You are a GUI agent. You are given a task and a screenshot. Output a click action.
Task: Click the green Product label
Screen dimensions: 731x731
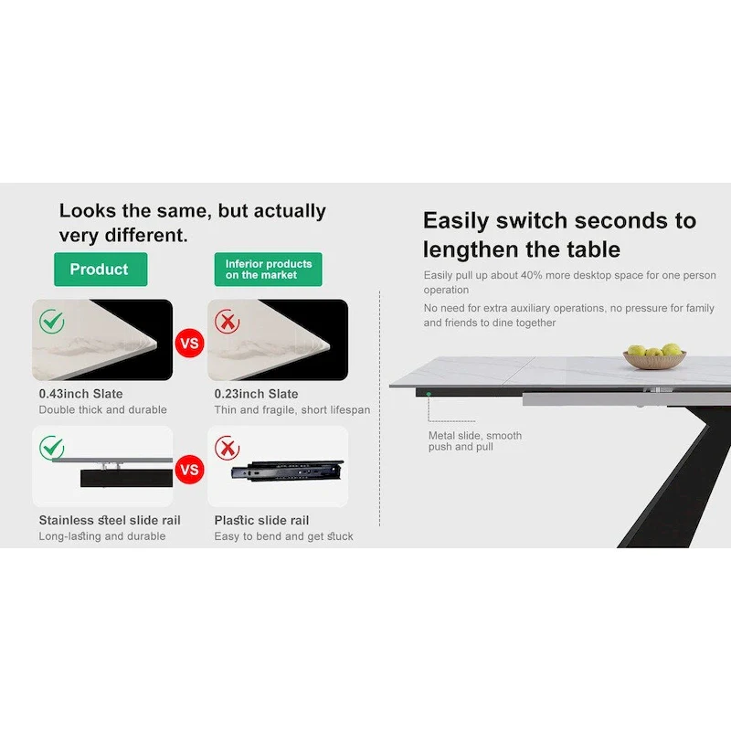[x=100, y=270]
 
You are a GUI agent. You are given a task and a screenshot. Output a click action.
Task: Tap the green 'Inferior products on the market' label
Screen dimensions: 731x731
[x=269, y=270]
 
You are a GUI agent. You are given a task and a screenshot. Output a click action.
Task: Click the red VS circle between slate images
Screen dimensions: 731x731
[x=190, y=344]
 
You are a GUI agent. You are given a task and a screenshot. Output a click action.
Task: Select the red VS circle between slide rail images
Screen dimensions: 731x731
[x=190, y=471]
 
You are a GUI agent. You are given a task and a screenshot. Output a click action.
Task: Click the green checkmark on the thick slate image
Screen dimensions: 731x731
[x=52, y=321]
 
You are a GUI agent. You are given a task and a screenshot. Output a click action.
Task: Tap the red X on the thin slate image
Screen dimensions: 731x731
[x=227, y=322]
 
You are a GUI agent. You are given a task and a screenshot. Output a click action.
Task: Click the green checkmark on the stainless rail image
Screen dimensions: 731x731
[x=52, y=448]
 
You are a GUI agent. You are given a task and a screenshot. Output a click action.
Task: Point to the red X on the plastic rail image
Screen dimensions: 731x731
[x=227, y=449]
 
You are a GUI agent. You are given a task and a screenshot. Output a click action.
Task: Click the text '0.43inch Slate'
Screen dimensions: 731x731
[x=80, y=394]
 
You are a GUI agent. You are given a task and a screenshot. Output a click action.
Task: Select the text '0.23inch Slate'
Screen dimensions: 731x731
[x=256, y=394]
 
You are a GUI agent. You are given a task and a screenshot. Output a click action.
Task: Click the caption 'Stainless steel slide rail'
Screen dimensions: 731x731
[x=110, y=520]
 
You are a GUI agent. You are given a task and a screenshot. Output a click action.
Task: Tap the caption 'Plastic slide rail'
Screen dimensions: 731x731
[x=261, y=520]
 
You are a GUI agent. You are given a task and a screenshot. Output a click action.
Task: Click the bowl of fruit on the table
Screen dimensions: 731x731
[x=655, y=356]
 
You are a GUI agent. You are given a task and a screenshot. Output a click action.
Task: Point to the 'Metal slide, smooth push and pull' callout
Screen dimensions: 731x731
[x=474, y=441]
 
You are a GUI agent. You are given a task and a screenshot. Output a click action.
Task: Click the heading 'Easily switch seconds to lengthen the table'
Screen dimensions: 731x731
[x=559, y=235]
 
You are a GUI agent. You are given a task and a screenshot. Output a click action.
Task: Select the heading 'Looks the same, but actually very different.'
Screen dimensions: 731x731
[x=192, y=222]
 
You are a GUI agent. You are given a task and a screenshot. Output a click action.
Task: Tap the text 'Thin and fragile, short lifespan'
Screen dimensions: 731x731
[x=292, y=410]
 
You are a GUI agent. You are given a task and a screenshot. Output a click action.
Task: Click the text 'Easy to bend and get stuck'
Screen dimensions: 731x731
[x=283, y=536]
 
